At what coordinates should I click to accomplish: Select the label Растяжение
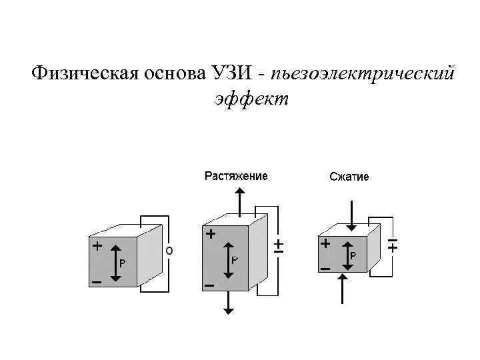pyautogui.click(x=236, y=176)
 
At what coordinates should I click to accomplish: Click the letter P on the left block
pyautogui.click(x=122, y=263)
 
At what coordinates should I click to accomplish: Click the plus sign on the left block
pyautogui.click(x=97, y=245)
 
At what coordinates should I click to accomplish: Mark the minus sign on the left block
pyautogui.click(x=97, y=283)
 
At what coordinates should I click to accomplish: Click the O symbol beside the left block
pyautogui.click(x=169, y=251)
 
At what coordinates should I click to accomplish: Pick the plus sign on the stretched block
pyautogui.click(x=211, y=235)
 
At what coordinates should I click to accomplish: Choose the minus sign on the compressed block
pyautogui.click(x=326, y=269)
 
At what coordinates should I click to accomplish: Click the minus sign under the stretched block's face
pyautogui.click(x=209, y=285)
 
